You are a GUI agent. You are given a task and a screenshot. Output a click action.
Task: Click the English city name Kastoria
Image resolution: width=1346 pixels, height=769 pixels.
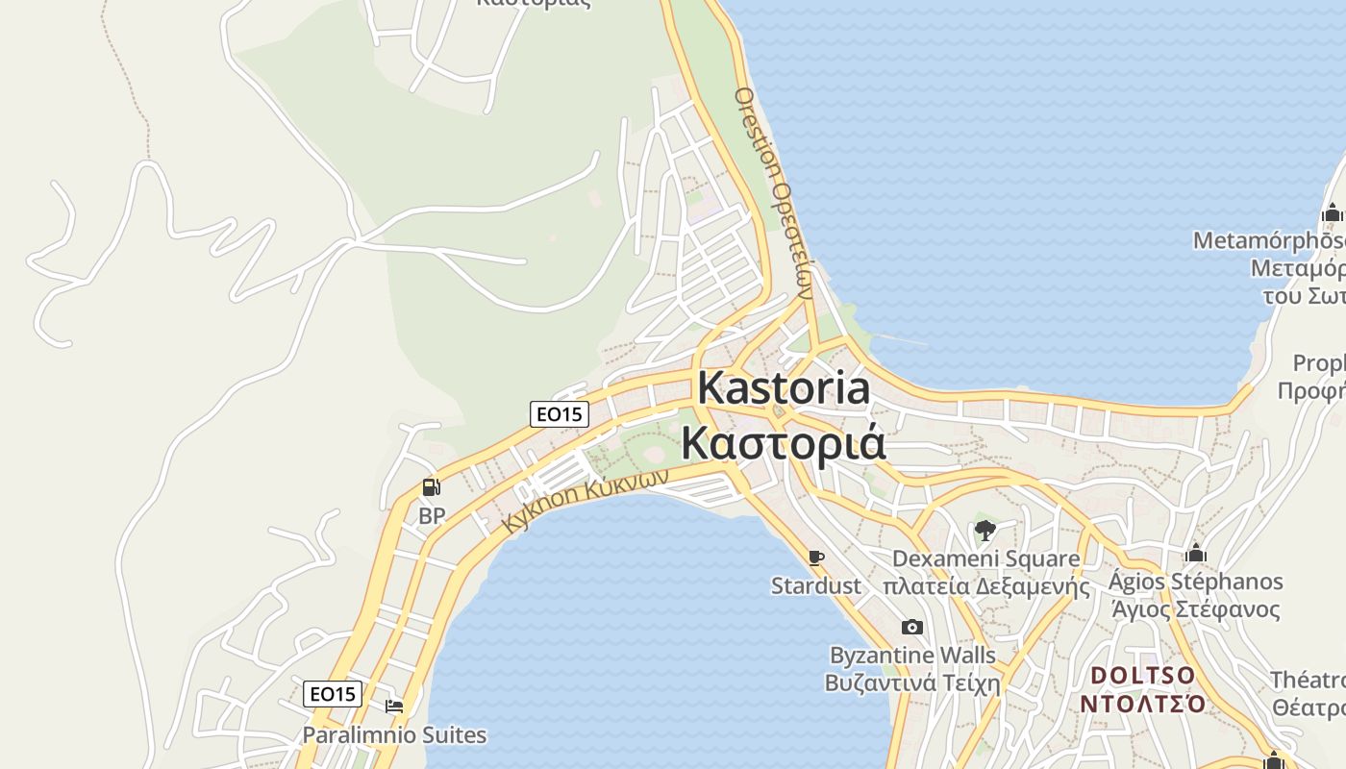pyautogui.click(x=784, y=388)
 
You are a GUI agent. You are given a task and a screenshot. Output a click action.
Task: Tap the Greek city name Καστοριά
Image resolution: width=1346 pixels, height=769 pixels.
pyautogui.click(x=784, y=442)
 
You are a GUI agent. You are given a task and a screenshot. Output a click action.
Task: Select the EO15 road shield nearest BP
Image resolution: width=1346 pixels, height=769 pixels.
pyautogui.click(x=559, y=414)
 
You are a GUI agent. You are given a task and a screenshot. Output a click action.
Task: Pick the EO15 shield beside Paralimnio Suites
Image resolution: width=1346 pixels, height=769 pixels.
pyautogui.click(x=333, y=693)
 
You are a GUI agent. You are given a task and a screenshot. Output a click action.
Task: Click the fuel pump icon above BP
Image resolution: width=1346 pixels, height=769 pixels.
pyautogui.click(x=432, y=487)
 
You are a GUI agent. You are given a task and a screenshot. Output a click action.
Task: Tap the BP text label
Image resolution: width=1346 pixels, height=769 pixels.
pyautogui.click(x=432, y=516)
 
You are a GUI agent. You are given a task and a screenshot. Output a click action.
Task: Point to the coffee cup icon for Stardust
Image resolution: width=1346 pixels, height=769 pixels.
pyautogui.click(x=816, y=558)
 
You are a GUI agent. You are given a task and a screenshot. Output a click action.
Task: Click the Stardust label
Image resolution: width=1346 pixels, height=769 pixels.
pyautogui.click(x=816, y=585)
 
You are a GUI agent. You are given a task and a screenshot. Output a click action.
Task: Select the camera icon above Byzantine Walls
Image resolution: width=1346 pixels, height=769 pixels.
pyautogui.click(x=912, y=628)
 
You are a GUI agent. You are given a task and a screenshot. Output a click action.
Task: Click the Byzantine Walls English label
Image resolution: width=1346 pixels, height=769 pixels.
pyautogui.click(x=912, y=656)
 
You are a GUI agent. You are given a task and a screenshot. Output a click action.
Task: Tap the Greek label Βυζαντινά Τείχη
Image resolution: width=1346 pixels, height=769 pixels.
pyautogui.click(x=912, y=683)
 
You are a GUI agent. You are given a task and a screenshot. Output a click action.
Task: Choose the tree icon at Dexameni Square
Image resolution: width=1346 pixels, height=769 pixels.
pyautogui.click(x=985, y=530)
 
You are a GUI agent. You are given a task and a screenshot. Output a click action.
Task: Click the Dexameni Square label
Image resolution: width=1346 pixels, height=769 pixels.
pyautogui.click(x=985, y=558)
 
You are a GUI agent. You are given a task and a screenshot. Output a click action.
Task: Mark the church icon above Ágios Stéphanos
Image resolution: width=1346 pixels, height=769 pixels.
pyautogui.click(x=1196, y=553)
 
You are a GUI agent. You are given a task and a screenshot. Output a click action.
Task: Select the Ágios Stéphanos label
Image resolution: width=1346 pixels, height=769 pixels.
pyautogui.click(x=1195, y=582)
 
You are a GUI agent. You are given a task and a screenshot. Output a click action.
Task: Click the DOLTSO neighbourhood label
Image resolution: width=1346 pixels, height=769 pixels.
pyautogui.click(x=1142, y=675)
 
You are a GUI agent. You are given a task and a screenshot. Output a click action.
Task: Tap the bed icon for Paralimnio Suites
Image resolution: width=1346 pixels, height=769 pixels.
pyautogui.click(x=394, y=707)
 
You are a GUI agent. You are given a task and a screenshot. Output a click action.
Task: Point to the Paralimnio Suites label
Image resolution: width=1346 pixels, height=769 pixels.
pyautogui.click(x=394, y=735)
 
